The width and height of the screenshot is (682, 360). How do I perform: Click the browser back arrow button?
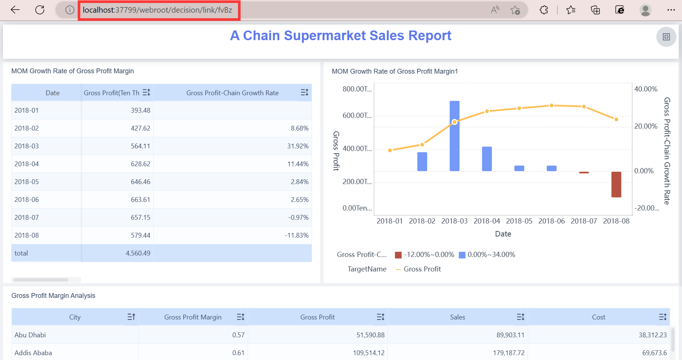point(15,10)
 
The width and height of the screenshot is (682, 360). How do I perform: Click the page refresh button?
point(40,10)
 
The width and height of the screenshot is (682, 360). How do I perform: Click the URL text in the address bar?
point(157,10)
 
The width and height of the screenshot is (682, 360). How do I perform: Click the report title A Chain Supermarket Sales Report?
point(341,36)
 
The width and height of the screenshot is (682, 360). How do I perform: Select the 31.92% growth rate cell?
point(297,146)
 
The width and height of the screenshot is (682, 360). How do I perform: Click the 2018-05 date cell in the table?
point(27,182)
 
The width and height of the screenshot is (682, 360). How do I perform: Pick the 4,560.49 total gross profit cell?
point(138,253)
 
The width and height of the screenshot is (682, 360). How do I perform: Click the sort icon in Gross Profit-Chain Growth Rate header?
point(304,93)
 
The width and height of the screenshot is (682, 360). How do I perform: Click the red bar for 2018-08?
point(616,184)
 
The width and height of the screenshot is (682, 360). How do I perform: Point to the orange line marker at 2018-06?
point(551,106)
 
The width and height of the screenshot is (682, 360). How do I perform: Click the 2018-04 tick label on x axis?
point(487,221)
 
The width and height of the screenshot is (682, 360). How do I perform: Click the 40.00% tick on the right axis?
point(646,89)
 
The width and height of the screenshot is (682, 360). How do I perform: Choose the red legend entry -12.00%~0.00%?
point(425,255)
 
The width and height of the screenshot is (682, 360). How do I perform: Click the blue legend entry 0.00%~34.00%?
point(487,255)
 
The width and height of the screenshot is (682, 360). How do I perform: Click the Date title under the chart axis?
point(503,234)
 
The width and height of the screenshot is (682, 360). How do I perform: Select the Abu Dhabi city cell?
point(30,335)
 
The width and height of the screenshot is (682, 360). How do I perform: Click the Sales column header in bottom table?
point(457,317)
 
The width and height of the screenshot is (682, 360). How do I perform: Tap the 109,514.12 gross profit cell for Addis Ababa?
point(369,353)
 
